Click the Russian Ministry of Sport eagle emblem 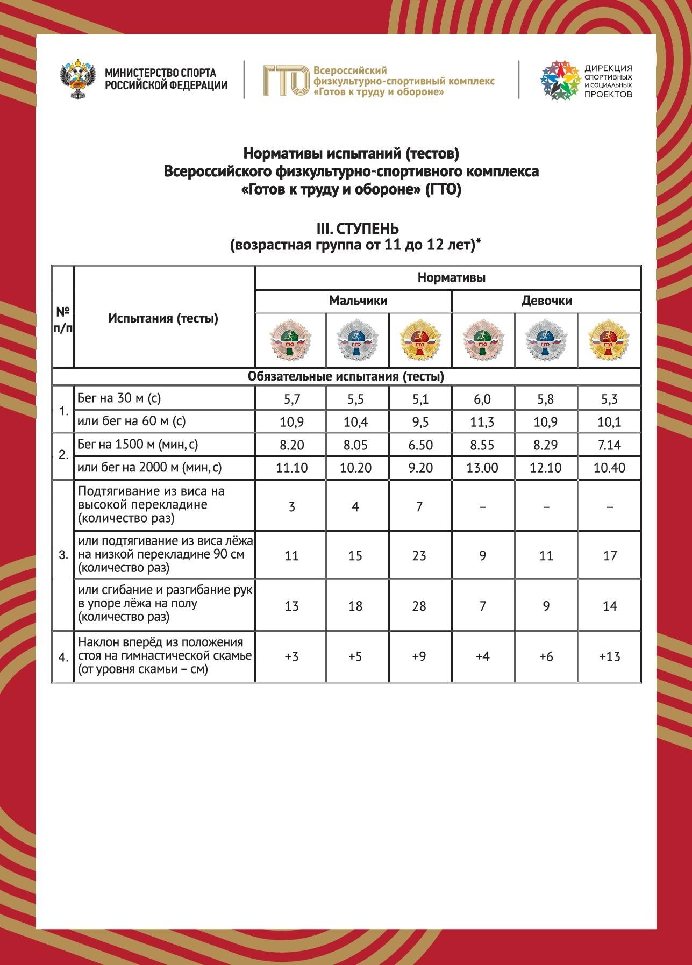pos(78,80)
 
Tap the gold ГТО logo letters pos(286,81)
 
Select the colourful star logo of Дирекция pos(560,81)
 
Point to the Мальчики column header pos(358,301)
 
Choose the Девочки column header pos(546,301)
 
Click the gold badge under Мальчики pos(419,341)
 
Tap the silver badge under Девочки pos(546,341)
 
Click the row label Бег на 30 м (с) pos(119,398)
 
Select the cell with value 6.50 pos(419,445)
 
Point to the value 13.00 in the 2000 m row pos(482,468)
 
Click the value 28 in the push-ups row pos(419,606)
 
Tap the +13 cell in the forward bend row pos(609,656)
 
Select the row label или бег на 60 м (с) pos(131,421)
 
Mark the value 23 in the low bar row pos(419,555)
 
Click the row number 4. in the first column pos(63,657)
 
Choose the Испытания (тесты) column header pos(163,318)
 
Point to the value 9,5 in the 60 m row pos(419,422)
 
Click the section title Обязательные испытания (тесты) pos(346,376)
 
